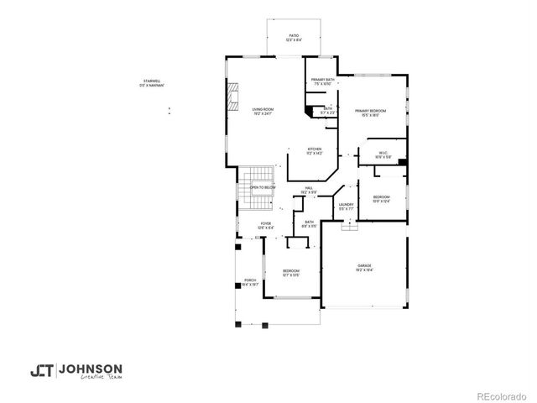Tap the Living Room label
pyautogui.click(x=263, y=109)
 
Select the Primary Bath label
pyautogui.click(x=323, y=80)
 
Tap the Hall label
pyautogui.click(x=308, y=187)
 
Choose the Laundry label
pyautogui.click(x=346, y=203)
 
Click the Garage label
pyautogui.click(x=365, y=264)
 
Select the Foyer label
pyautogui.click(x=264, y=223)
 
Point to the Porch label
pyautogui.click(x=250, y=280)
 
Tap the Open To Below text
pyautogui.click(x=263, y=187)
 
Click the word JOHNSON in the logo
pyautogui.click(x=93, y=369)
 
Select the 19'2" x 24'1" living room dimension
pyautogui.click(x=263, y=114)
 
